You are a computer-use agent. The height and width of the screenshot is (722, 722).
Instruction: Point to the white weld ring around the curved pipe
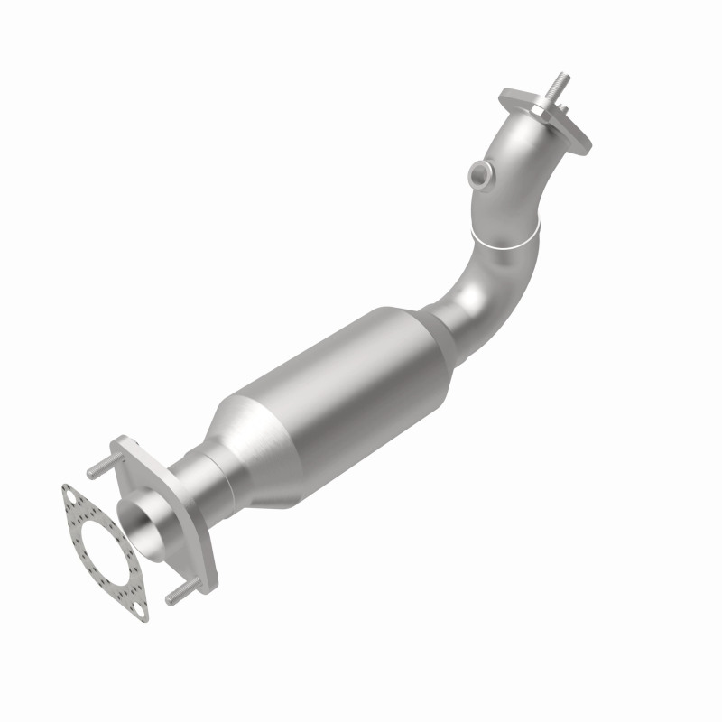coord(505,240)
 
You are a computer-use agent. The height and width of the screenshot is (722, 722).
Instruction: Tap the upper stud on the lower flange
coord(97,470)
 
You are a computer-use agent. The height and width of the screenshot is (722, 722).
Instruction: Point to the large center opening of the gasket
coord(99,551)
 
